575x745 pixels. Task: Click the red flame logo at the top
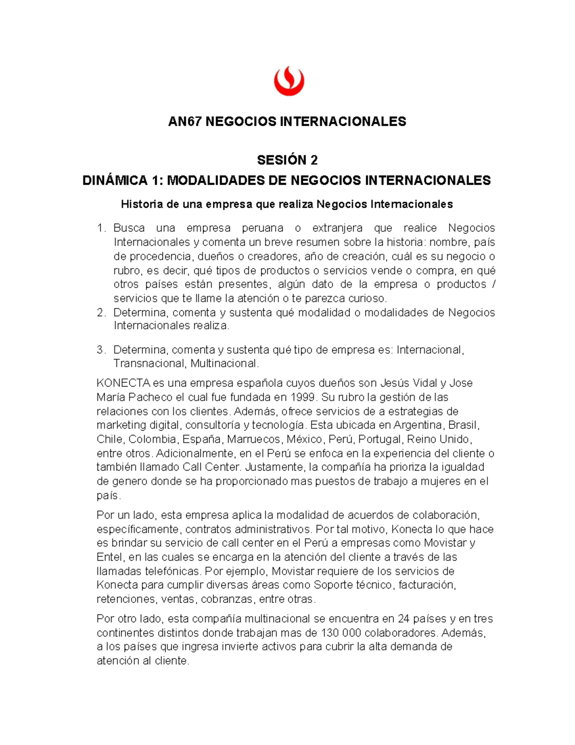(288, 81)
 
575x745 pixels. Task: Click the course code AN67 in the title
(184, 121)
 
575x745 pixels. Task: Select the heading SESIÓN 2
(287, 160)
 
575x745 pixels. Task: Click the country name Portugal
(379, 439)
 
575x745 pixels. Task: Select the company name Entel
(110, 557)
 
